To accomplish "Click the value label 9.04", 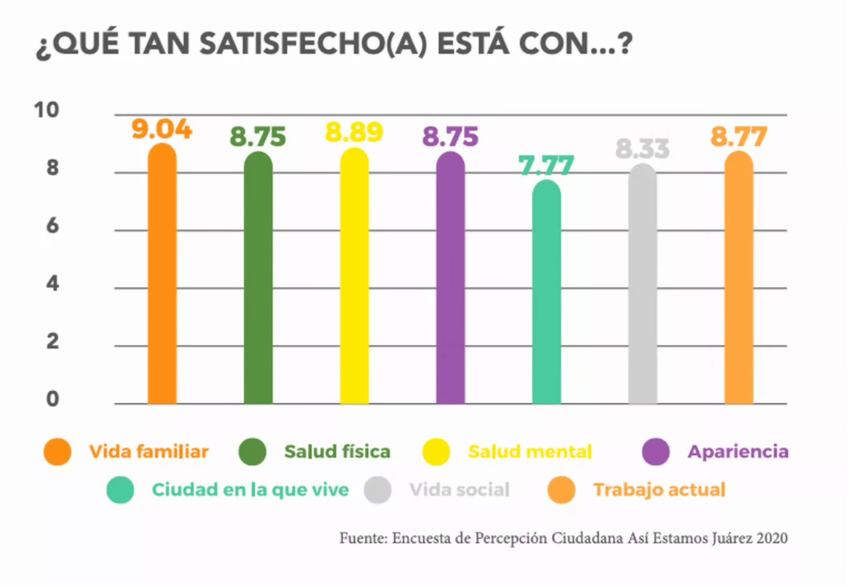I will coord(162,129).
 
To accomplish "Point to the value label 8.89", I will coord(354,132).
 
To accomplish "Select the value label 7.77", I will coord(547,166).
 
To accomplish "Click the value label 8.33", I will coord(642,149).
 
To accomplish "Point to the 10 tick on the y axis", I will coord(46,111).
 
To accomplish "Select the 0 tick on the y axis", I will coord(52,400).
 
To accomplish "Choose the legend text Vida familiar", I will coord(149,451).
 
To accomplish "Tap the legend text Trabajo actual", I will coord(659,490).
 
